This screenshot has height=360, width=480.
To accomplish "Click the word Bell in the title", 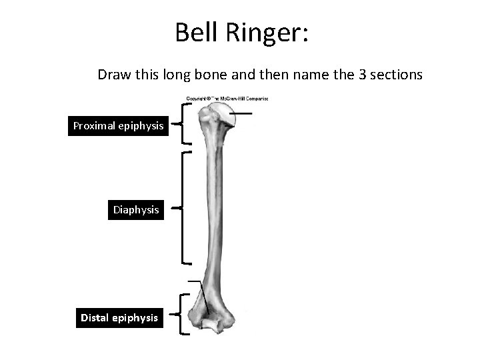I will click(x=195, y=32).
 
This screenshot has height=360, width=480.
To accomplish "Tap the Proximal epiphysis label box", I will click(x=119, y=125).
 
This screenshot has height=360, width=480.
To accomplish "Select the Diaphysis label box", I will click(x=136, y=209).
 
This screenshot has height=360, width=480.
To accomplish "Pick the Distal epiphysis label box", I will click(x=119, y=317).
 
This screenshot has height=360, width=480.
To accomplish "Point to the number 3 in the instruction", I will click(x=362, y=74).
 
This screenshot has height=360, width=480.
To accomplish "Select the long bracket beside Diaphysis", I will click(x=182, y=208).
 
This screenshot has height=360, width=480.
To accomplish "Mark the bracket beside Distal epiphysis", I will click(x=182, y=313).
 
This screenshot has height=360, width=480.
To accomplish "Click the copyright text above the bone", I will click(x=227, y=99).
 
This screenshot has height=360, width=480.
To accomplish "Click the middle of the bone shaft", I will click(x=214, y=210).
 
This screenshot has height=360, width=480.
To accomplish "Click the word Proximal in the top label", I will click(x=95, y=125).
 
